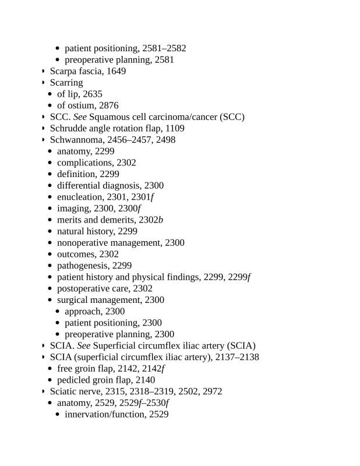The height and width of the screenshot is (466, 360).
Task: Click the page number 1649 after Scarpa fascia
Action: point(117,71)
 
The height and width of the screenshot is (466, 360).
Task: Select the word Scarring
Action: point(66,83)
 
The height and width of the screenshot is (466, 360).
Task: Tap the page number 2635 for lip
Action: point(93,94)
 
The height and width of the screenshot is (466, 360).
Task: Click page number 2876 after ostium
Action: point(108,105)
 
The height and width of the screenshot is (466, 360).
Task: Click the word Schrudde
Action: point(69,128)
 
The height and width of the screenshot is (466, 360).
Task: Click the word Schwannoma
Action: point(76,140)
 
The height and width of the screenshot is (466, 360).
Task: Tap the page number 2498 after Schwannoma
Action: point(165,140)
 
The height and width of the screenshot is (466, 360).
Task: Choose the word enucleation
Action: point(79,197)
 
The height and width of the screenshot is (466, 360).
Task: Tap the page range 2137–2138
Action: point(235,357)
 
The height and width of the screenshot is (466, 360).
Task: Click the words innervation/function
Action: point(104,414)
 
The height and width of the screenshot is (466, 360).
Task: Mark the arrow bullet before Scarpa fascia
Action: point(43,72)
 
